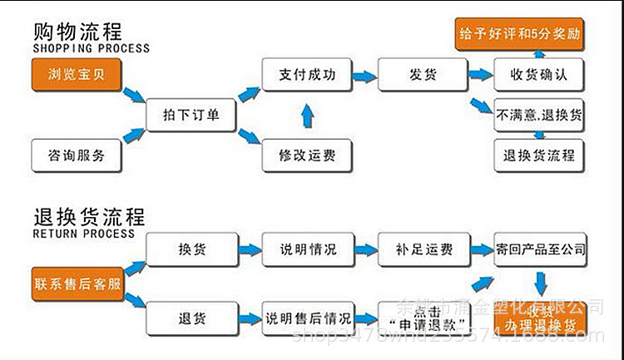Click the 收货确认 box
pos(538,74)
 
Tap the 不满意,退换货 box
pos(539,115)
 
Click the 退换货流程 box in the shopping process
pos(539,155)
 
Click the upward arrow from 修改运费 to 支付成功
pos(306,115)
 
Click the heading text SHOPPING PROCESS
pos(92,49)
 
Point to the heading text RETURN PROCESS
pos(83,234)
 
